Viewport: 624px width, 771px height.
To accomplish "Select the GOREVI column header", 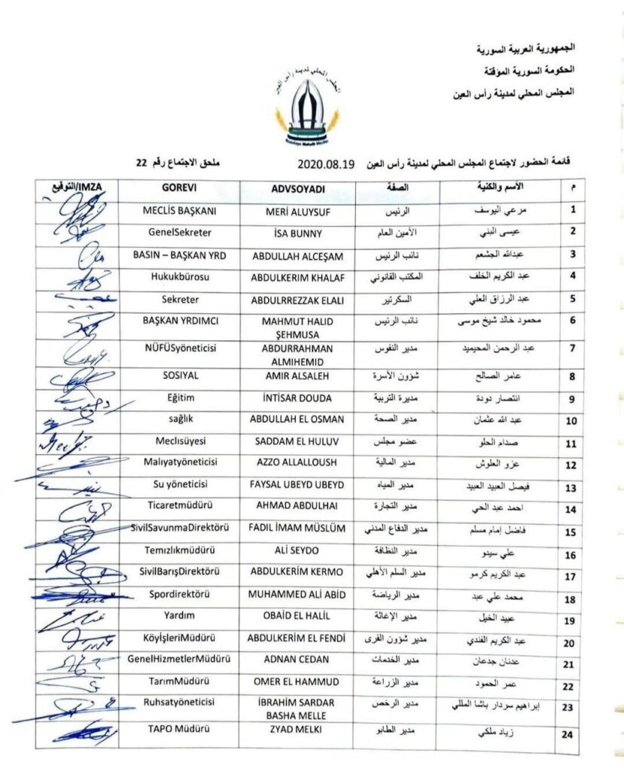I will tap(180, 187).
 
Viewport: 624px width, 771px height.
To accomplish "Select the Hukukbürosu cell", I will tap(180, 276).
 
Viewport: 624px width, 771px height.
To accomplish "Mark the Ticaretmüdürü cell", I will tap(180, 509).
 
